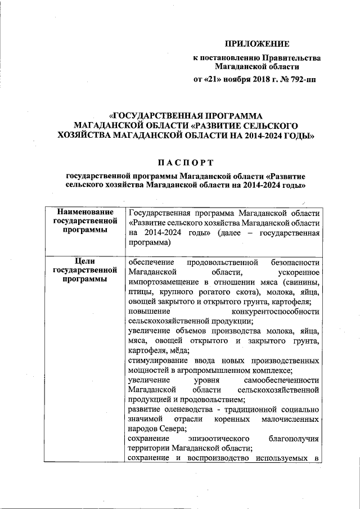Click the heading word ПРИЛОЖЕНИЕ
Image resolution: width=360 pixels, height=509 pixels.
click(x=257, y=43)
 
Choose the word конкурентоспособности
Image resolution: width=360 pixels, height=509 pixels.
click(x=276, y=311)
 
